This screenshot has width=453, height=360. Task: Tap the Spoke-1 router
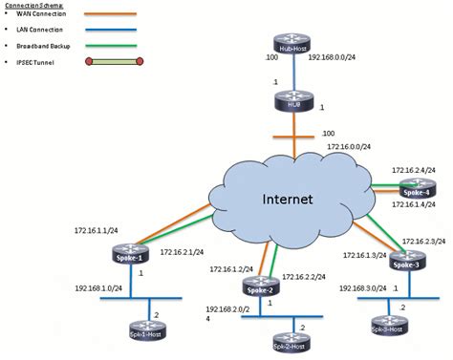point(130,257)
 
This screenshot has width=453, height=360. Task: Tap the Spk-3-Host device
point(385,328)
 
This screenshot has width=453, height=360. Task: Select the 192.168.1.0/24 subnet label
point(99,286)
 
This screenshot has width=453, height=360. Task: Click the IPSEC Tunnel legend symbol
point(114,62)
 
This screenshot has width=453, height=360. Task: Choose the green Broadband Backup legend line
point(116,44)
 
